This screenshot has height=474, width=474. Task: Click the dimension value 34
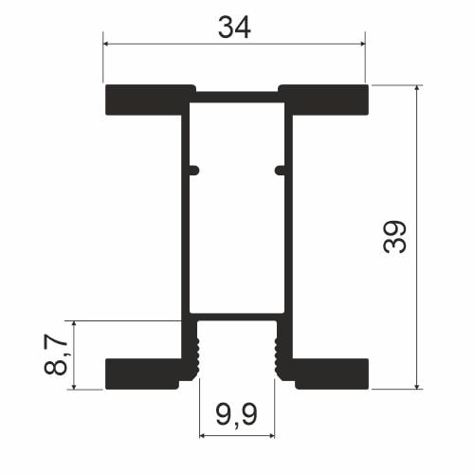coord(234,27)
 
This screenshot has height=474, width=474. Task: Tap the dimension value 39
coord(394,237)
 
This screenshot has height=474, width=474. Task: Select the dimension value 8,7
coord(56,355)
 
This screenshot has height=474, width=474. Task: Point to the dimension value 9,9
coord(237,414)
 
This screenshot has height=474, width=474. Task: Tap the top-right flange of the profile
coord(325,100)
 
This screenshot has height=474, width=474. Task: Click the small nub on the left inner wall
coord(194,171)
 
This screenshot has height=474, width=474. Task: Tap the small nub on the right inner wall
coord(280,171)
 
